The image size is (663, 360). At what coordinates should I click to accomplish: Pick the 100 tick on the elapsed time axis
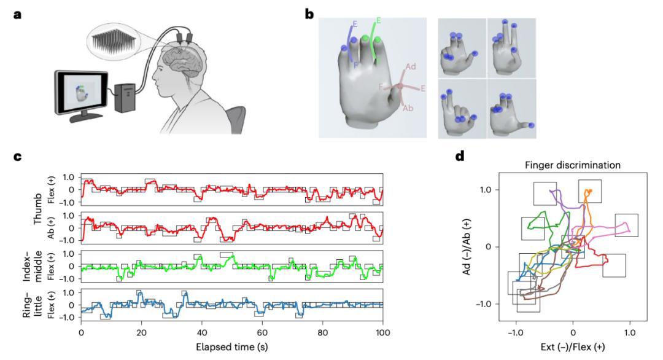tap(382, 332)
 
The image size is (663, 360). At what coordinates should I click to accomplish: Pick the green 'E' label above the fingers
tap(379, 20)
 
